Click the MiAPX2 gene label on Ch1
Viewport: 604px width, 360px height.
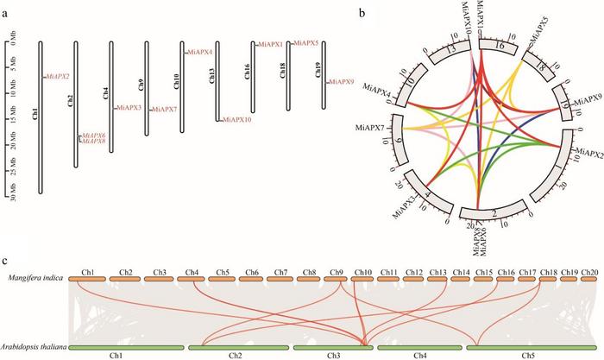[x=58, y=77]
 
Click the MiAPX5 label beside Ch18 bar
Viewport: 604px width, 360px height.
[x=306, y=42]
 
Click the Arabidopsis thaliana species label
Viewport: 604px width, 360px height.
[x=34, y=345]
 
